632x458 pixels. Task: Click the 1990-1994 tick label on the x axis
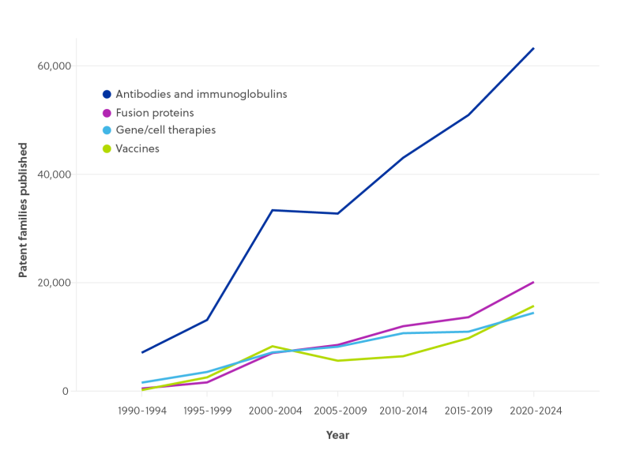coord(142,411)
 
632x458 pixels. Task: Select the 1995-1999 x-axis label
coord(207,411)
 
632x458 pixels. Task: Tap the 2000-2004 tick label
coord(273,411)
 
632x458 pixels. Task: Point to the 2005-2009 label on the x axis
coord(337,411)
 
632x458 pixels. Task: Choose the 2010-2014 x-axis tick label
coord(403,411)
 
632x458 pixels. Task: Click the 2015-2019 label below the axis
coord(468,411)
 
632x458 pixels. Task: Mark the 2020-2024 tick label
coord(533,411)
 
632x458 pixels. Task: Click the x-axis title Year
coord(337,435)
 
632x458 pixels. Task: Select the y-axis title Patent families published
coord(23,210)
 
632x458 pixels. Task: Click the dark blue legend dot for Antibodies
coord(107,94)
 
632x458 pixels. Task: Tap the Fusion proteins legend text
coord(155,112)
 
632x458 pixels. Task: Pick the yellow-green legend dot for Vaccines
coord(107,148)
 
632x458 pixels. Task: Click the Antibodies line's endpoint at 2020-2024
coord(534,48)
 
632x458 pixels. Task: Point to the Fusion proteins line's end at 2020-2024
coord(534,281)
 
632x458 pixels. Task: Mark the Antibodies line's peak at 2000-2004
coord(273,209)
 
